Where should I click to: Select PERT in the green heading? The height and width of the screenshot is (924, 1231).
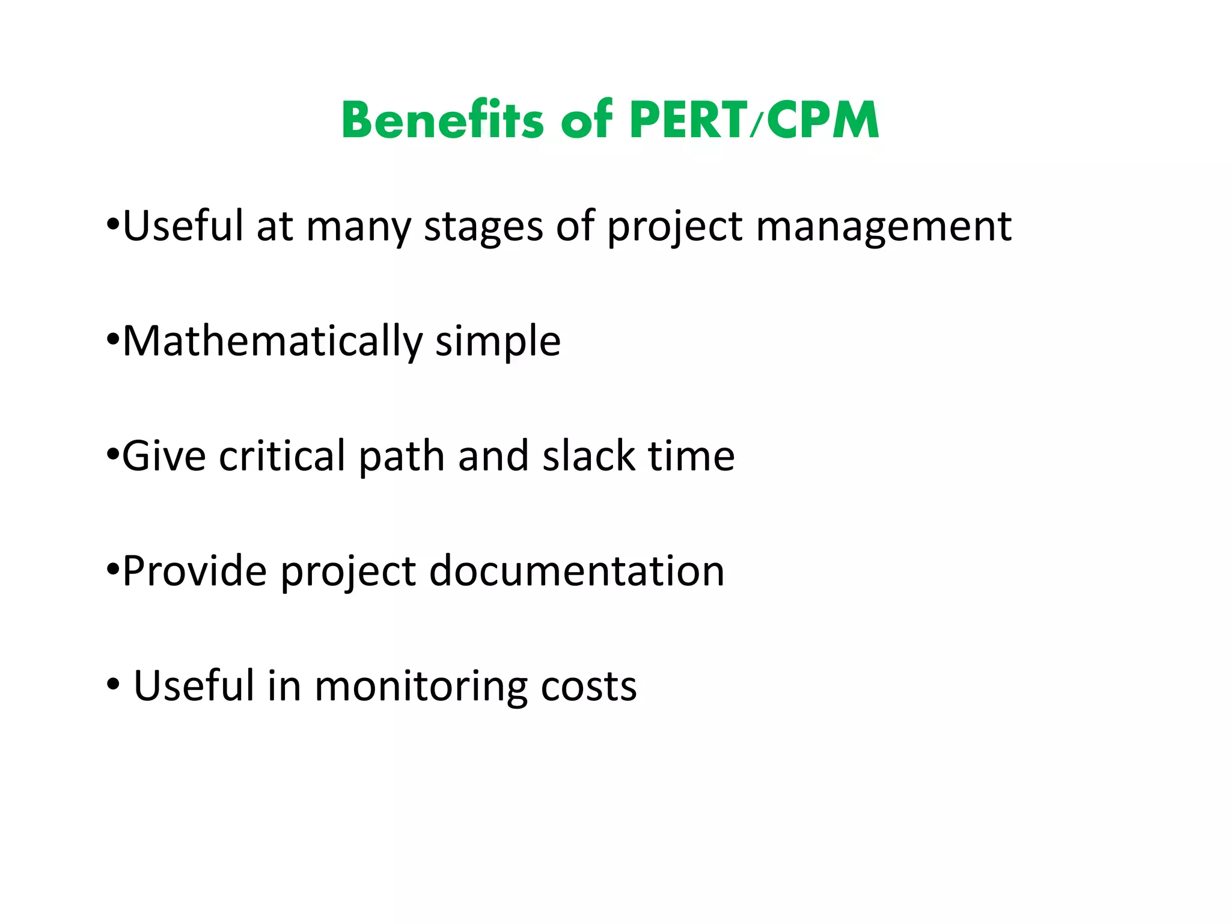click(x=688, y=120)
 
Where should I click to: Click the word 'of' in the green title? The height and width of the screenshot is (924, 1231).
click(x=587, y=120)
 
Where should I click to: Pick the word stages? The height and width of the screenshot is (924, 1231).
click(x=483, y=227)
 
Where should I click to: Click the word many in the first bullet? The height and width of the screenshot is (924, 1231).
click(x=358, y=227)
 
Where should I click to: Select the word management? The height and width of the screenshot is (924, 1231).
click(x=884, y=227)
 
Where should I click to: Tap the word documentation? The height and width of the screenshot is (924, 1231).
click(x=576, y=571)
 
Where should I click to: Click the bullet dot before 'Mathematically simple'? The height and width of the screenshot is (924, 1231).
click(x=112, y=340)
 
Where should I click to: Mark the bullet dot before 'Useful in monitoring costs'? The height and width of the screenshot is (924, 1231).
click(x=113, y=685)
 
